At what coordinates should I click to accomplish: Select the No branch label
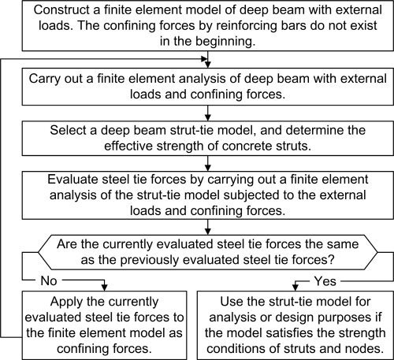tap(49, 280)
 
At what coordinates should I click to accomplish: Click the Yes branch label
tap(325, 281)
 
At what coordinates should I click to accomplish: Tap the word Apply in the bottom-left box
tap(67, 302)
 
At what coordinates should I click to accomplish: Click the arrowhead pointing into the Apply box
tap(105, 288)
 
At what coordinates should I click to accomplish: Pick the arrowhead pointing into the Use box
tap(295, 288)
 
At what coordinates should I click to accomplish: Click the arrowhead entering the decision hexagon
tap(208, 232)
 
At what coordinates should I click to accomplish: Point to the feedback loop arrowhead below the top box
tap(204, 59)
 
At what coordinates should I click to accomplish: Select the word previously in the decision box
tap(149, 260)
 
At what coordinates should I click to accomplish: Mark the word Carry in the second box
tap(45, 79)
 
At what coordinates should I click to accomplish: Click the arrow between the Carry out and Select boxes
tap(208, 113)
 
